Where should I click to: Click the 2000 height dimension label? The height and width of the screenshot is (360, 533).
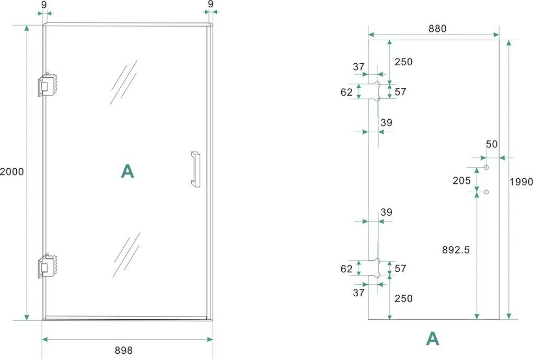click(x=12, y=172)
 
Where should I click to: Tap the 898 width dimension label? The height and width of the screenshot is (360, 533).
click(x=123, y=350)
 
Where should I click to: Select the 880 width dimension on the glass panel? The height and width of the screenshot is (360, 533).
click(x=437, y=29)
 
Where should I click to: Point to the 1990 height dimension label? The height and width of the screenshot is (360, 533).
click(x=521, y=182)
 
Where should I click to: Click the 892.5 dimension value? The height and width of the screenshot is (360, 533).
click(x=456, y=250)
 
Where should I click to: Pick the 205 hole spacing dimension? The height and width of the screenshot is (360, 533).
click(x=461, y=180)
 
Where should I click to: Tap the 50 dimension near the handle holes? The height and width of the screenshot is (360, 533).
click(x=492, y=144)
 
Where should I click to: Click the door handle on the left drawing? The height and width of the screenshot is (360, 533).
click(x=195, y=169)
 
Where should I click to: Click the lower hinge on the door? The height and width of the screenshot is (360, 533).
click(x=47, y=266)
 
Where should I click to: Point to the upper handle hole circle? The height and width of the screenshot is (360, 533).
click(x=486, y=168)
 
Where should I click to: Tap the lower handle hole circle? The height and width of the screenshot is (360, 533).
click(x=486, y=192)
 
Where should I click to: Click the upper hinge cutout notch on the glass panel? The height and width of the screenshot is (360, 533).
click(x=374, y=91)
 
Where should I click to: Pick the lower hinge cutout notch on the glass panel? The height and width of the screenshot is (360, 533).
click(x=374, y=268)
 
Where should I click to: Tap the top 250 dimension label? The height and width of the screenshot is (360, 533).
click(x=403, y=62)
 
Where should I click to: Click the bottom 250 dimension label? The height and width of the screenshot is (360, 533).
click(x=403, y=298)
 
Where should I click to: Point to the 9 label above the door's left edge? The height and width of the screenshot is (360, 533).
click(x=44, y=5)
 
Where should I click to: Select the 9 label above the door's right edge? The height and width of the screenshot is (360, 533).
click(x=211, y=4)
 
